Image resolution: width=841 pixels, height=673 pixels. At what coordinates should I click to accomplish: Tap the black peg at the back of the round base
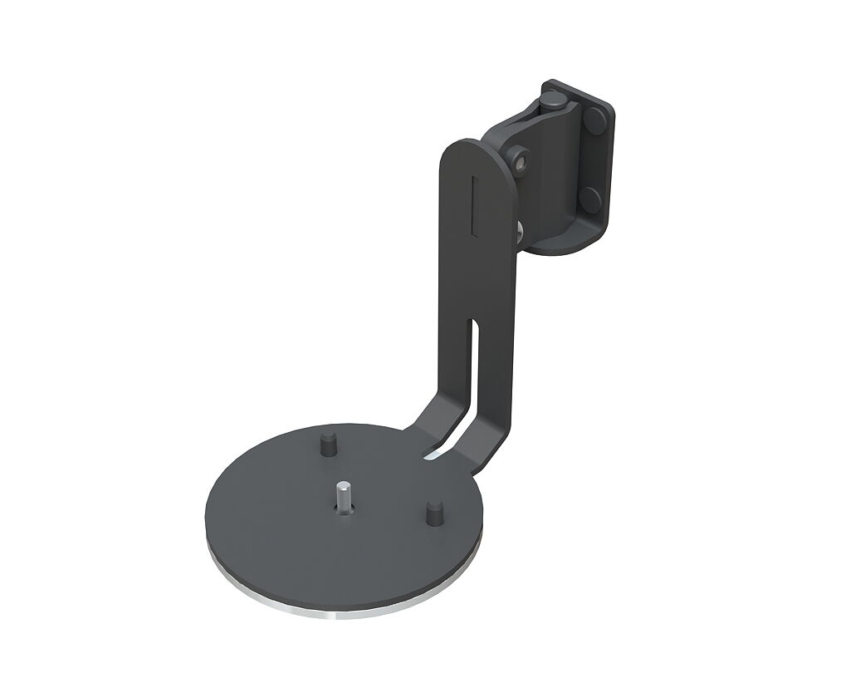(x=327, y=445)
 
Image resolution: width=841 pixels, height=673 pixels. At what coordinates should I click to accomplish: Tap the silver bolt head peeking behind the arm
(x=518, y=226)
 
